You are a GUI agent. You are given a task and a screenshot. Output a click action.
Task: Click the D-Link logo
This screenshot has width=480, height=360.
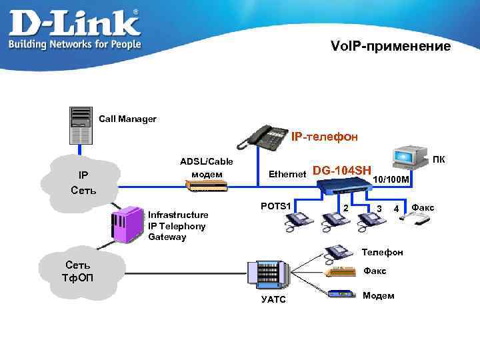[75, 29]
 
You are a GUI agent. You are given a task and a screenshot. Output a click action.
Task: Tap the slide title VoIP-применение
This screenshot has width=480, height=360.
[391, 46]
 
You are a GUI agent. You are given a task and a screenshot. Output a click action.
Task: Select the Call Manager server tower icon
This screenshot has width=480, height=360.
[81, 125]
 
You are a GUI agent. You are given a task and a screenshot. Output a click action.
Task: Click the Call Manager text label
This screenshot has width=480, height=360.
[127, 119]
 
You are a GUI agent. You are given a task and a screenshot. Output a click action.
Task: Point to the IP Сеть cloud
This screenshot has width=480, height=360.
[80, 183]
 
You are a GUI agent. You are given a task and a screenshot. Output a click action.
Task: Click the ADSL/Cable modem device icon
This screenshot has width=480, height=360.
[207, 185]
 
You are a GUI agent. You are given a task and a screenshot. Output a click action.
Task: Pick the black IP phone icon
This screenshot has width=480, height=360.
[263, 138]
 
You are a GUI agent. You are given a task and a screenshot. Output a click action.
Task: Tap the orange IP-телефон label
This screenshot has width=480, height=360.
[324, 137]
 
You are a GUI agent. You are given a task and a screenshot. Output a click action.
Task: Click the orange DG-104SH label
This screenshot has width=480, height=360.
[342, 171]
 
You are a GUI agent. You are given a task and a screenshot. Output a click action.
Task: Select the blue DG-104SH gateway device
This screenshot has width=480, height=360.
[345, 186]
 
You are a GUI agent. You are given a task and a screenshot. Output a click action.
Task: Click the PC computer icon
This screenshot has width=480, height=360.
[410, 157]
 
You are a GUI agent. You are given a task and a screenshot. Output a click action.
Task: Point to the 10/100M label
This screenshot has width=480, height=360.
[391, 179]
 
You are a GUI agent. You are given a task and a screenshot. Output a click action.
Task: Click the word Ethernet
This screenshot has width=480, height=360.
[287, 174]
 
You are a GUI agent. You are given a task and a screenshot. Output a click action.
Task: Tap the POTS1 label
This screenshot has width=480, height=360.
[275, 206]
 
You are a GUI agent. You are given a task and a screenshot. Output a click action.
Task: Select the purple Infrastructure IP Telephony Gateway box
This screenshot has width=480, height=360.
[127, 225]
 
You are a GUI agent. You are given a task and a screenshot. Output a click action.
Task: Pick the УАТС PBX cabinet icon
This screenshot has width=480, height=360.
[268, 275]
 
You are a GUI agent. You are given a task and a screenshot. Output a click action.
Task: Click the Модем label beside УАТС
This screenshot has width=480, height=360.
[379, 295]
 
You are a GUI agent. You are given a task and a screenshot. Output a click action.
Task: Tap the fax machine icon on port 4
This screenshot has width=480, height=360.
[415, 219]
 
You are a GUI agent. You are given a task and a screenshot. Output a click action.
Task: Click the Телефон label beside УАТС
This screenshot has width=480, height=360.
[382, 252]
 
